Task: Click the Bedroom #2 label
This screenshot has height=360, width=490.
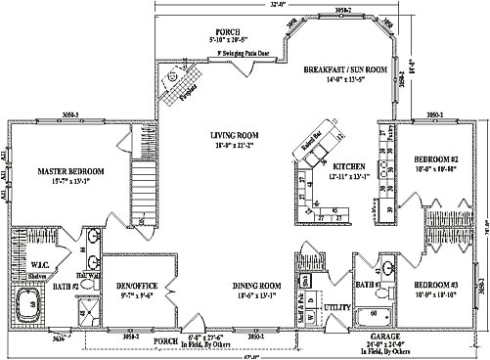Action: point(436,158)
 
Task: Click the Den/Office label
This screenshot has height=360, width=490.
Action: point(137,286)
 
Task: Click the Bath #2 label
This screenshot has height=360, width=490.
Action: point(67,285)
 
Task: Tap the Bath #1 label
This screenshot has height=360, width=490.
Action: point(368,285)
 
